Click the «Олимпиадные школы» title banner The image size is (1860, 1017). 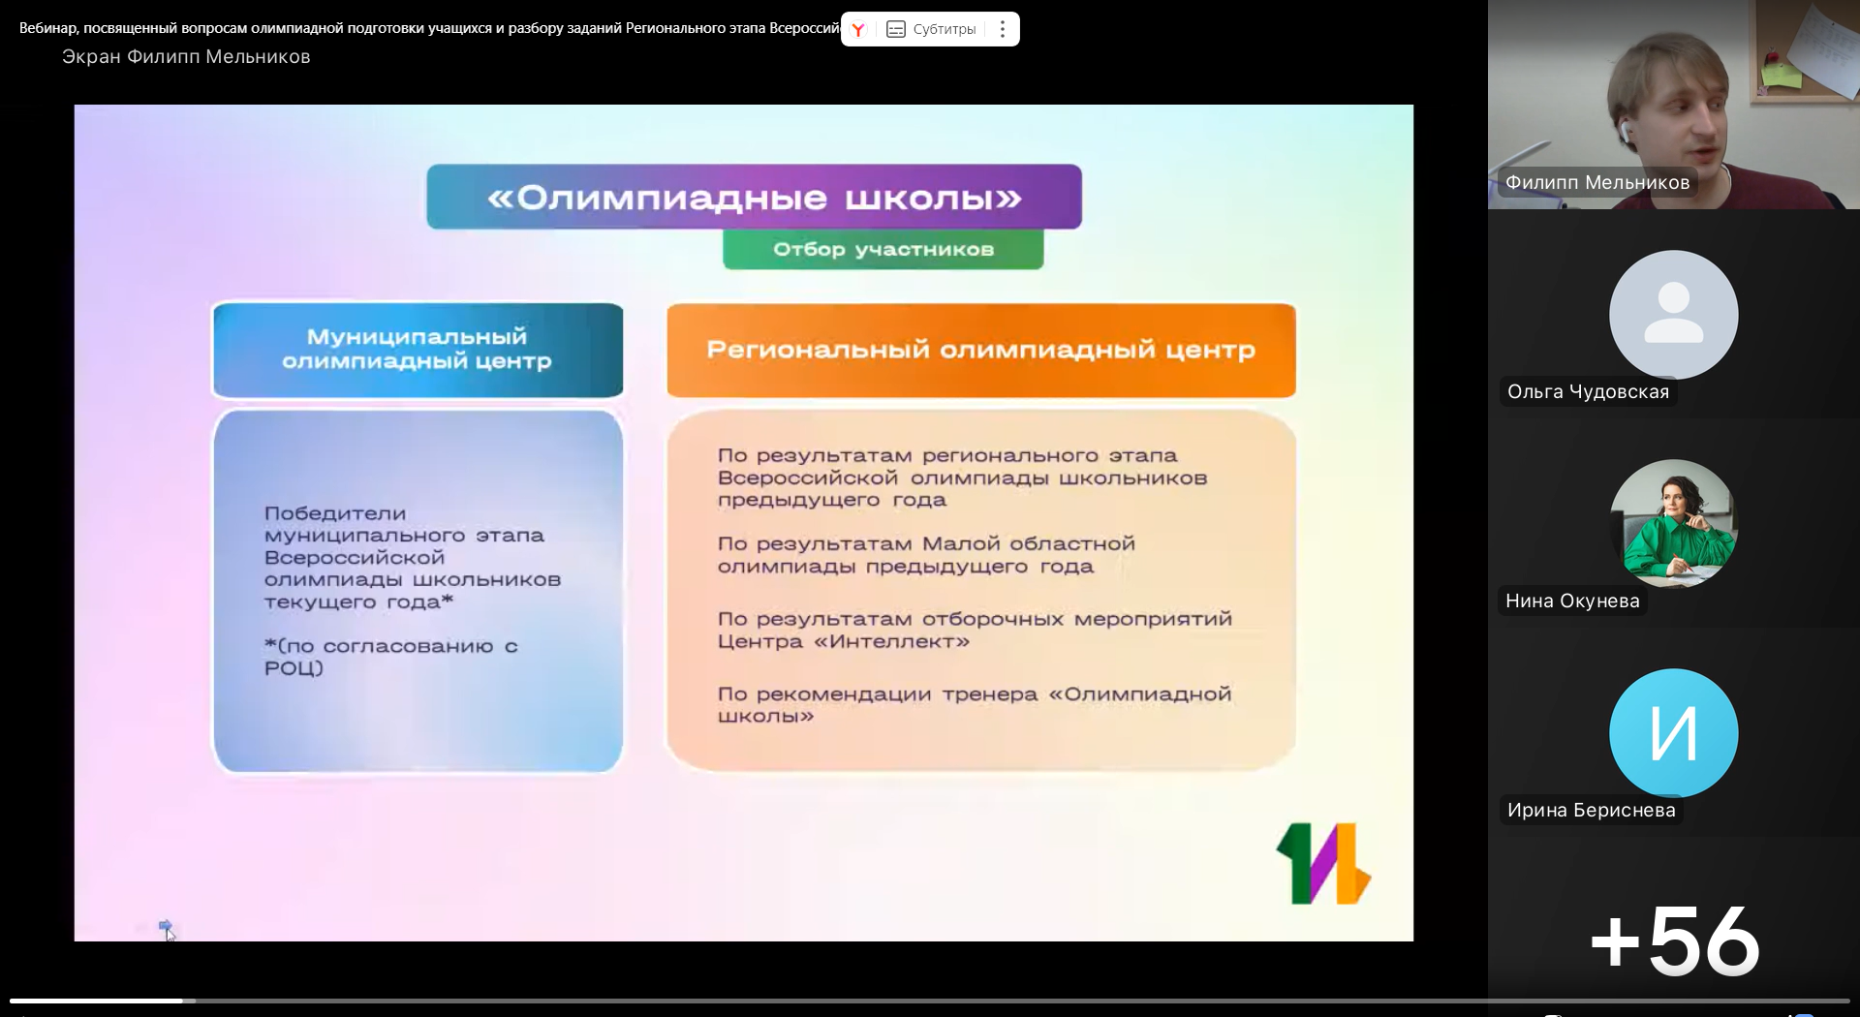pyautogui.click(x=754, y=197)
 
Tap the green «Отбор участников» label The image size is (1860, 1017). pyautogui.click(x=883, y=249)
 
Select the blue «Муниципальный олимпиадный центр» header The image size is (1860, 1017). pyautogui.click(x=418, y=350)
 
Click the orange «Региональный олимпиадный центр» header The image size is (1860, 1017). pyautogui.click(x=980, y=350)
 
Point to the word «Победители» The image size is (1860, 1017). pyautogui.click(x=335, y=513)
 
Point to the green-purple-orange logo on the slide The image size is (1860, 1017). pyautogui.click(x=1323, y=863)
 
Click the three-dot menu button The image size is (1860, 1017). pyautogui.click(x=1003, y=29)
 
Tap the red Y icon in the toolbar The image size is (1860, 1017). pyautogui.click(x=857, y=29)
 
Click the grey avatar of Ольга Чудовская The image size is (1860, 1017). pyautogui.click(x=1673, y=314)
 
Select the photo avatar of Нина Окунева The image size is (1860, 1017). pyautogui.click(x=1673, y=523)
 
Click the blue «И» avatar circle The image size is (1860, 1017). pyautogui.click(x=1673, y=732)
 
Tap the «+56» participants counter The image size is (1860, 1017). pyautogui.click(x=1674, y=940)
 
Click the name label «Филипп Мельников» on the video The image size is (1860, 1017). pyautogui.click(x=1597, y=182)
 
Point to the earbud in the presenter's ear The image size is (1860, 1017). pyautogui.click(x=1624, y=129)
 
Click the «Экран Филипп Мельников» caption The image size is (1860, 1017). pyautogui.click(x=186, y=56)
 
